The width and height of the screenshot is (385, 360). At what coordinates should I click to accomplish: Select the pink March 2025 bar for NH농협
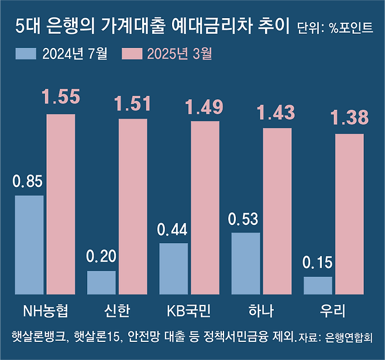pos(61,204)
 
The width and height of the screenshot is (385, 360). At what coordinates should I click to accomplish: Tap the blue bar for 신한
pos(101,282)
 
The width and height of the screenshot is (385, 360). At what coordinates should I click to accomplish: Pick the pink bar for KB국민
pos(205,207)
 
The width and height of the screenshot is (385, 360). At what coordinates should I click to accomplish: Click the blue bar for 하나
pos(246,263)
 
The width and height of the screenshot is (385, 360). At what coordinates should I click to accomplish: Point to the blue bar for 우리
pos(318,285)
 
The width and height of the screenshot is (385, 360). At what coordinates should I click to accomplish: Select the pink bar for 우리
pos(349,214)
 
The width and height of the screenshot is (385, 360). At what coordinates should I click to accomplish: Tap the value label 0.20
pos(101,256)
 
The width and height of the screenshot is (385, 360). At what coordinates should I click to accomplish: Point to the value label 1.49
pos(205,107)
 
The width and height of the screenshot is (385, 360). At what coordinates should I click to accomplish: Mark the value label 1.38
pos(349,117)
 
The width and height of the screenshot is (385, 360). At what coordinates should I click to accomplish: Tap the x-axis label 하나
pos(261,310)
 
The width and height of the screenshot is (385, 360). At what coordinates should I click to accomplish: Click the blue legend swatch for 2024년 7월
pos(26,54)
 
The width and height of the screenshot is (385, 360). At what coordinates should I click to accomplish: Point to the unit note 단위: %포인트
pos(335,28)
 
